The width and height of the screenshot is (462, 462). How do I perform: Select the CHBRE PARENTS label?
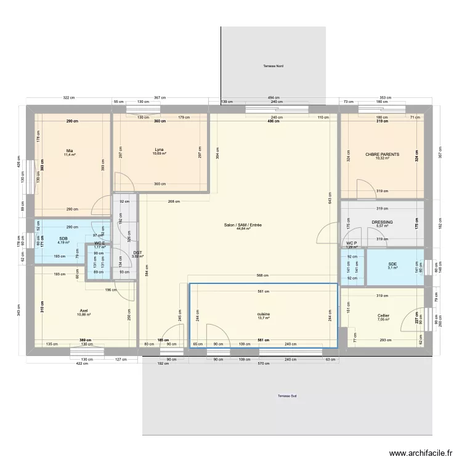point(383,154)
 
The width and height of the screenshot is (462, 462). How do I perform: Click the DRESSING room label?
point(382,222)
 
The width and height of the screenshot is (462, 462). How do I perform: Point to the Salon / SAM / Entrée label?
point(243,225)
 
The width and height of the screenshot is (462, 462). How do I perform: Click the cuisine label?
point(264,314)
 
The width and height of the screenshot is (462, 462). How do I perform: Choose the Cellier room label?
point(383,315)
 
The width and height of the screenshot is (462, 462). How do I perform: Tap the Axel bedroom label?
point(84,310)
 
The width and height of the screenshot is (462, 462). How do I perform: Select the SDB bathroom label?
point(63,238)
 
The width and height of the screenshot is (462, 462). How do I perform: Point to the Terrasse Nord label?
point(272,66)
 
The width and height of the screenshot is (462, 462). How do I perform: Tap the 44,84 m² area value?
point(243,229)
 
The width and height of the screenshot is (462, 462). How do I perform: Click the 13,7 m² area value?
point(264,318)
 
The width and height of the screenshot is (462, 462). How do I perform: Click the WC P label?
point(352,243)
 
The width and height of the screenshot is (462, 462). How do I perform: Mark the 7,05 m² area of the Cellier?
point(383,320)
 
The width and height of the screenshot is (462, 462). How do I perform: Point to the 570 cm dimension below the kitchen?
point(264,363)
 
